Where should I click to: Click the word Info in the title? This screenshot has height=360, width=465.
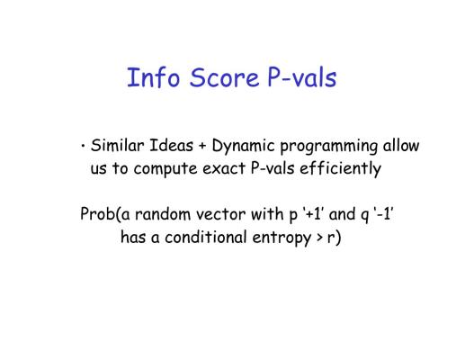tap(154, 77)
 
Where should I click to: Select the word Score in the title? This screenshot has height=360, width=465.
tap(224, 77)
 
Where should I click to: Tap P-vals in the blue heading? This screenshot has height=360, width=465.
tap(302, 77)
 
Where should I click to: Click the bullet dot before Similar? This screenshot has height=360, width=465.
tap(83, 147)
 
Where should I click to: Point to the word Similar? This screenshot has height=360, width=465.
tap(117, 146)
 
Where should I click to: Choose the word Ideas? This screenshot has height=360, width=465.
tap(171, 146)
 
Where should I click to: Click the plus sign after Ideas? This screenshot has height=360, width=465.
tap(202, 147)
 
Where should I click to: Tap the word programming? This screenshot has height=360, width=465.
tap(328, 147)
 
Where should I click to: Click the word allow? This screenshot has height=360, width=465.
tap(401, 146)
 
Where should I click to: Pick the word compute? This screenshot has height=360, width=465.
tap(165, 169)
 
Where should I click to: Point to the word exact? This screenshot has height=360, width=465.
tap(224, 168)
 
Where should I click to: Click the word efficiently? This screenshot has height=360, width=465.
tap(341, 168)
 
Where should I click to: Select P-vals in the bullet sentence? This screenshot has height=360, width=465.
tap(273, 168)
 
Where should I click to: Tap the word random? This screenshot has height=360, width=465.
tap(163, 214)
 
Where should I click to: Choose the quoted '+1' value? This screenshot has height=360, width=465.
tap(313, 214)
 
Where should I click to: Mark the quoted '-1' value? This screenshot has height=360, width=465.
tap(383, 214)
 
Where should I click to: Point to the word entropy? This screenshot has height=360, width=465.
tap(282, 238)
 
